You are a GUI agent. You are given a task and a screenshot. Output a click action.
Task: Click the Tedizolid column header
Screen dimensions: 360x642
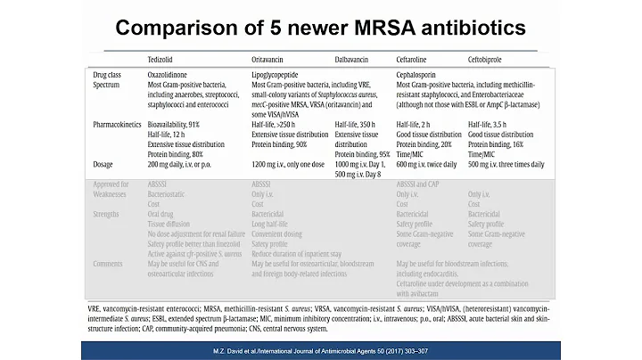point(163,58)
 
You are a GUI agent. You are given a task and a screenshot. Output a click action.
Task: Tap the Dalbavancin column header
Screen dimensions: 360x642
point(355,58)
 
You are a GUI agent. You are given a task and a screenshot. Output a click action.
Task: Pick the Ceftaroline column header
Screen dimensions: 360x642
point(416,58)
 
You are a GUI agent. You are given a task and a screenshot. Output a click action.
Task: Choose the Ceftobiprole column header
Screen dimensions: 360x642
point(490,58)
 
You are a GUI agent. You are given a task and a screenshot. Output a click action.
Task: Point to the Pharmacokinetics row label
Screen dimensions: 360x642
point(120,125)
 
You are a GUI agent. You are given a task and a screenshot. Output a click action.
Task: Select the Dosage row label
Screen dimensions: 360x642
point(106,165)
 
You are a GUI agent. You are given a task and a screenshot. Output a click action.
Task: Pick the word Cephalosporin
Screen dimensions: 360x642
point(423,74)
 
